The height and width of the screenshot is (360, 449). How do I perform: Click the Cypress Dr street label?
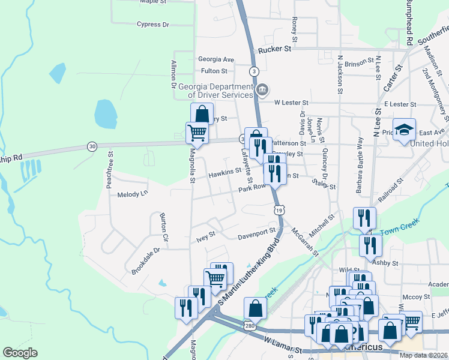pyautogui.click(x=153, y=25)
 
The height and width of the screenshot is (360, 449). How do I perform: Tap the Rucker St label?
pyautogui.click(x=274, y=50)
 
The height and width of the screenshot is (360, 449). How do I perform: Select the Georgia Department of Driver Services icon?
pyautogui.click(x=262, y=91)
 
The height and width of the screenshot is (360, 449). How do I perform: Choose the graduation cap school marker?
pyautogui.click(x=405, y=130)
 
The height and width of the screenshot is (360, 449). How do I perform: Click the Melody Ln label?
pyautogui.click(x=132, y=194)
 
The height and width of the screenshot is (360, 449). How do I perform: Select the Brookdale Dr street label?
pyautogui.click(x=146, y=261)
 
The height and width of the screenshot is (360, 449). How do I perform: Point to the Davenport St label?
pyautogui.click(x=256, y=230)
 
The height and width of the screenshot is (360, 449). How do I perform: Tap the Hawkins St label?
pyautogui.click(x=224, y=175)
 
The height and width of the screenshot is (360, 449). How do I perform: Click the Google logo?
pyautogui.click(x=20, y=353)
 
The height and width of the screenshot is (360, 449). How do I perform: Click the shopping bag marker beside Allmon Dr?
pyautogui.click(x=202, y=112)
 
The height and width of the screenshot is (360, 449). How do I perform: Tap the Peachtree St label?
pyautogui.click(x=110, y=170)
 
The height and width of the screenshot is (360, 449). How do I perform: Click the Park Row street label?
pyautogui.click(x=252, y=188)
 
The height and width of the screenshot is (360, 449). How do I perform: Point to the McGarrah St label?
pyautogui.click(x=304, y=241)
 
